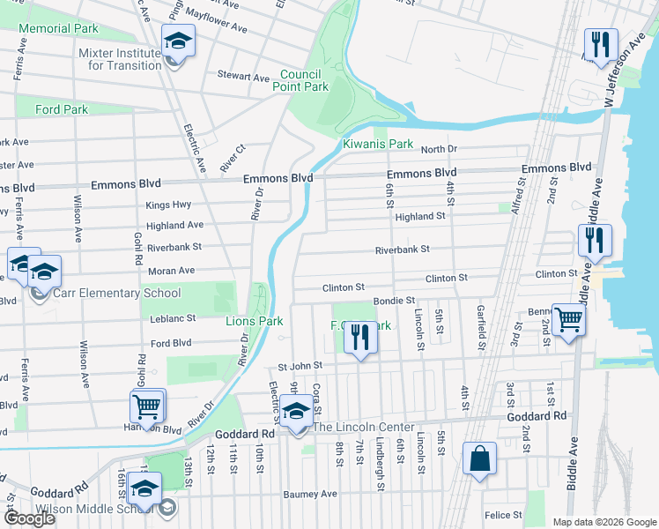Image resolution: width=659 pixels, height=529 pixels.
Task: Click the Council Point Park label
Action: pyautogui.click(x=304, y=80)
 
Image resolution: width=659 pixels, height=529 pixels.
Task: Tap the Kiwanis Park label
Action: pyautogui.click(x=378, y=144)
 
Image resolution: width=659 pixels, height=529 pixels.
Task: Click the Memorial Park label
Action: pyautogui.click(x=58, y=29)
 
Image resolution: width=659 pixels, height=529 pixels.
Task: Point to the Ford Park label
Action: pyautogui.click(x=62, y=110)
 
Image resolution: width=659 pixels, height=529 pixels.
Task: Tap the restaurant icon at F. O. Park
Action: pyautogui.click(x=359, y=339)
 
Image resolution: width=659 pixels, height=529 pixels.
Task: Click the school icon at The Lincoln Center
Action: pyautogui.click(x=297, y=413)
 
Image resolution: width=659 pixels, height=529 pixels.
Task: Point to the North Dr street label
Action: pyautogui.click(x=439, y=150)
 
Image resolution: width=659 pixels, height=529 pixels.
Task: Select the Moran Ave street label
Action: pyautogui.click(x=175, y=269)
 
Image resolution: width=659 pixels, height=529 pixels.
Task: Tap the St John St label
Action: pyautogui.click(x=300, y=365)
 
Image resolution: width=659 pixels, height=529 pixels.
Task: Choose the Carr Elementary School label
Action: pyautogui.click(x=117, y=294)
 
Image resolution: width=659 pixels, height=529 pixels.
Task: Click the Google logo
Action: pyautogui.click(x=29, y=518)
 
